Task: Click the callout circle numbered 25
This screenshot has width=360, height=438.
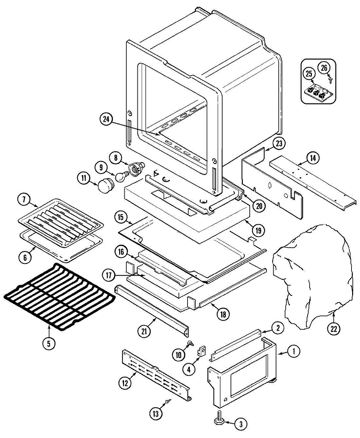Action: coord(309,74)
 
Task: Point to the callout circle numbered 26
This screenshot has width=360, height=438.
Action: coord(324,68)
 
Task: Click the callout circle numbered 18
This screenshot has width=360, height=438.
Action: coord(223,313)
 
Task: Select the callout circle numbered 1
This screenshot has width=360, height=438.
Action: coord(294,352)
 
